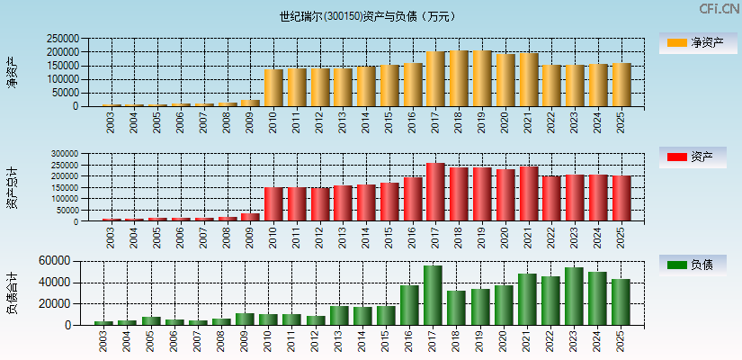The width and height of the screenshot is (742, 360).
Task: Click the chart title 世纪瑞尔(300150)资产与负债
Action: [367, 16]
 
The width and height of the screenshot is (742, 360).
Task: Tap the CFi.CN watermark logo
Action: [720, 9]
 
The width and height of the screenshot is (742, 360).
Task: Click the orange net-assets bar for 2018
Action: [459, 79]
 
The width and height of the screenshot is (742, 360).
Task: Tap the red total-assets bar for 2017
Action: [435, 193]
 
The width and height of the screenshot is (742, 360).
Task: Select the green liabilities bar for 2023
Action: [574, 296]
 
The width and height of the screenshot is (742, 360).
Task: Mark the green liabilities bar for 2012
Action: [316, 320]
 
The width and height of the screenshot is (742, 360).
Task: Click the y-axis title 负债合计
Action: [12, 292]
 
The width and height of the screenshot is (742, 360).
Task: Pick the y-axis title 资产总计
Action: [12, 186]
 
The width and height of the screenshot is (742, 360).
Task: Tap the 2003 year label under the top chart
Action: [111, 123]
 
